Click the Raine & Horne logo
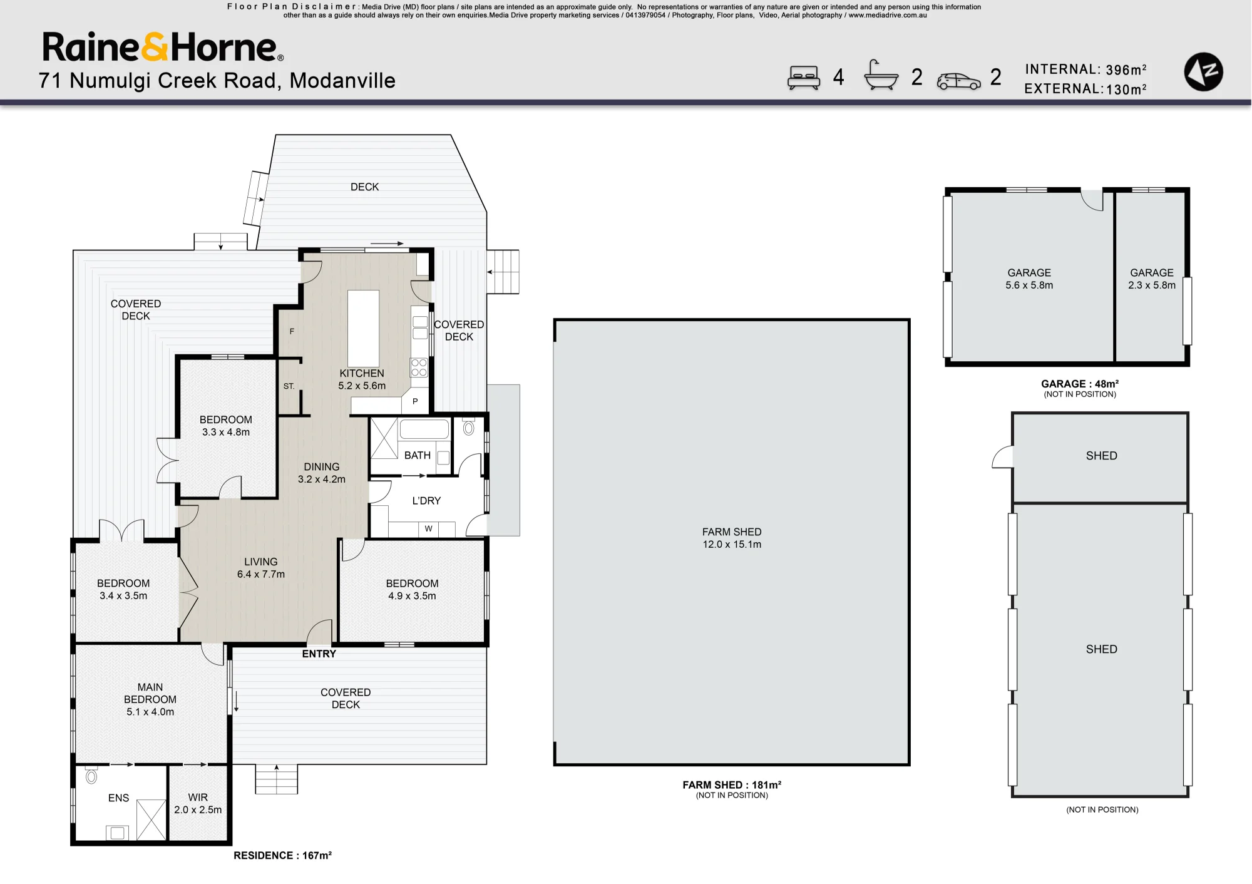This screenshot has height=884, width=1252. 163,47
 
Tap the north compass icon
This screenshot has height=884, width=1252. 1203,72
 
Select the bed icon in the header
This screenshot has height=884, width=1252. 804,78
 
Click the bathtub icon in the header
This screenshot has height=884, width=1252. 881,76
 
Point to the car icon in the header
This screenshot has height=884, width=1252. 958,81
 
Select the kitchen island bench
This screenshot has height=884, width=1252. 363,328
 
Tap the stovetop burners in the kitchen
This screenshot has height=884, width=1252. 419,367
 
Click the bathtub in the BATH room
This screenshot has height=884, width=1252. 424,429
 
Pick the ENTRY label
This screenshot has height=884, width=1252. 319,654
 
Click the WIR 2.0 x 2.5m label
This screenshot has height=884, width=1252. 198,803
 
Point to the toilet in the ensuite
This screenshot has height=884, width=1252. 91,776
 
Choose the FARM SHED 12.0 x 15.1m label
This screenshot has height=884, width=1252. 732,538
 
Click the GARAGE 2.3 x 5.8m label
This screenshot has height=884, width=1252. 1152,279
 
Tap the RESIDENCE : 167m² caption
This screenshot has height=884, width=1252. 282,855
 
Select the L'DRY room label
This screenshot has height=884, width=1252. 426,501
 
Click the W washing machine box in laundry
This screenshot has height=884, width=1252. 428,529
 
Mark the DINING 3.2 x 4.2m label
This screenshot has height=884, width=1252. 321,473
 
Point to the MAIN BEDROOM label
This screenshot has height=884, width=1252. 150,693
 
